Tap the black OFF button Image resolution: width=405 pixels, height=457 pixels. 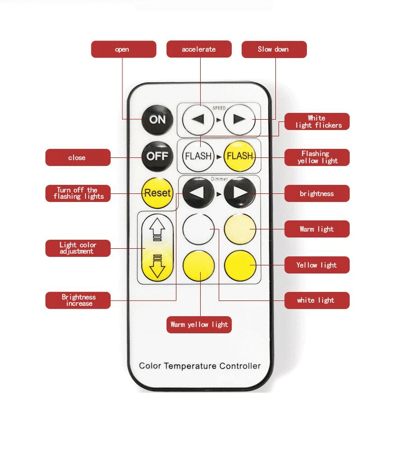coord(157,156)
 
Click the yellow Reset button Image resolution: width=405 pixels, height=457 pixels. coord(157,193)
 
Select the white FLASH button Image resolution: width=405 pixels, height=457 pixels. coord(198,156)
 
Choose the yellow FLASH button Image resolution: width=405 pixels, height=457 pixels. coord(239,156)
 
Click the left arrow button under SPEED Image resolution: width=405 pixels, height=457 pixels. coord(198,119)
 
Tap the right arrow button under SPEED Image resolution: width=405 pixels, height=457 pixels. coord(239,119)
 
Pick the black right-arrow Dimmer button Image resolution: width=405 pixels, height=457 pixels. coord(239,193)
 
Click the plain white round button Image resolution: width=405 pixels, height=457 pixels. coord(198,228)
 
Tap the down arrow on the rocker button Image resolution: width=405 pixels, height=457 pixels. coord(157,266)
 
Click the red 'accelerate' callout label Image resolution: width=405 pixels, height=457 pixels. coord(199,49)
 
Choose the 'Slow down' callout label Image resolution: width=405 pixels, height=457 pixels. coord(274,49)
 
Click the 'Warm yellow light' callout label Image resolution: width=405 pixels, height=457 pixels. coord(199,324)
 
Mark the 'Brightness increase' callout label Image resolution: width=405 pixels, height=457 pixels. coord(78,300)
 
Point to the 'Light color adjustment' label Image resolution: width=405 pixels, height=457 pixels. coord(78,248)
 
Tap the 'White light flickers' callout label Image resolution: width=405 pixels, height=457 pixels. coord(317,121)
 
